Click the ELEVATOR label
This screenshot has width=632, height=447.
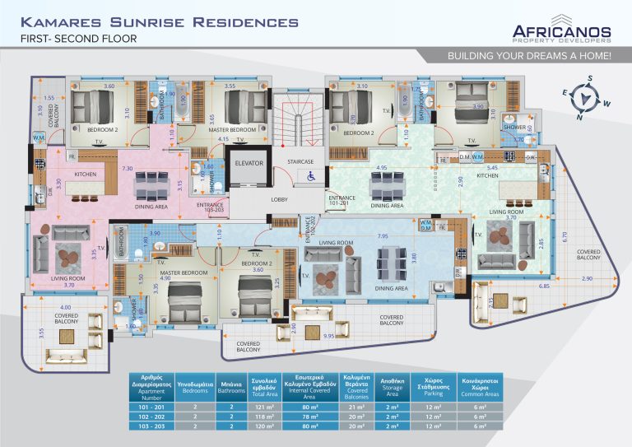249,163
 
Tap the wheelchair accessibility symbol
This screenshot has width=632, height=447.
310,175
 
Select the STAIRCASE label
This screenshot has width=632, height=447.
299,161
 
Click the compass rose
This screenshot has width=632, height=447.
588,98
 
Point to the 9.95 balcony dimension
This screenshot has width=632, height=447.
329,336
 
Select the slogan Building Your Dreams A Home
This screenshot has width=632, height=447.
528,56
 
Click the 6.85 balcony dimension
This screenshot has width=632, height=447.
544,286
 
